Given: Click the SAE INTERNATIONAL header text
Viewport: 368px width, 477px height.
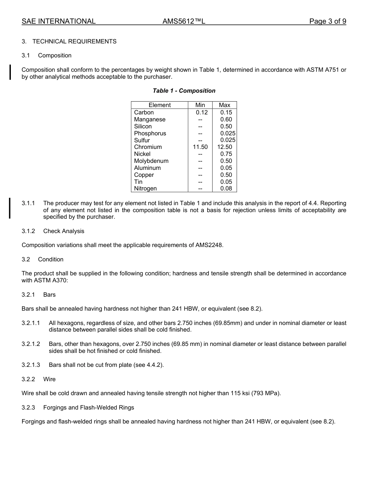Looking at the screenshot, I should (58, 21).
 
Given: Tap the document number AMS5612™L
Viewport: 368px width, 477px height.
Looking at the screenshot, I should (184, 21).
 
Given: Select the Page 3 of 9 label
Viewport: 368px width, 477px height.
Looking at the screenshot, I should (327, 21).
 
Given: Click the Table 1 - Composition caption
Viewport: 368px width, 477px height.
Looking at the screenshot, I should (184, 91).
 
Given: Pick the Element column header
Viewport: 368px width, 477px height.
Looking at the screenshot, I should (160, 105).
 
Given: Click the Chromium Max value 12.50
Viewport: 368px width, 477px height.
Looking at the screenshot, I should (225, 147).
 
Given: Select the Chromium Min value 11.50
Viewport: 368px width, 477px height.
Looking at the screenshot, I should (200, 147).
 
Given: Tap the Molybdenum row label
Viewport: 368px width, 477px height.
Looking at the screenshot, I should (151, 161).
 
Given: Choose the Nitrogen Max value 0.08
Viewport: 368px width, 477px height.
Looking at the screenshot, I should (226, 188).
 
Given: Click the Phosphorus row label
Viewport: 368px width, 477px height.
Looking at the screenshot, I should (150, 133).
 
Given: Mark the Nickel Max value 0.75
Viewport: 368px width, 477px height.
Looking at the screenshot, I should (226, 154).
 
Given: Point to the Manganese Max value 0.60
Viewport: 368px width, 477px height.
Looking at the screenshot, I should (226, 119).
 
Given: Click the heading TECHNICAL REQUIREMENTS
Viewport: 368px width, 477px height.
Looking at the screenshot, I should (74, 41).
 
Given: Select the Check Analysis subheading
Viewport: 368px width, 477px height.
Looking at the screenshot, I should (64, 231).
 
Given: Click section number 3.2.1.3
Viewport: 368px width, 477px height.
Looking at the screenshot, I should (31, 365).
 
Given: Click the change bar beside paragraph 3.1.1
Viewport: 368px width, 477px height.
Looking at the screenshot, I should (10, 208).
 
